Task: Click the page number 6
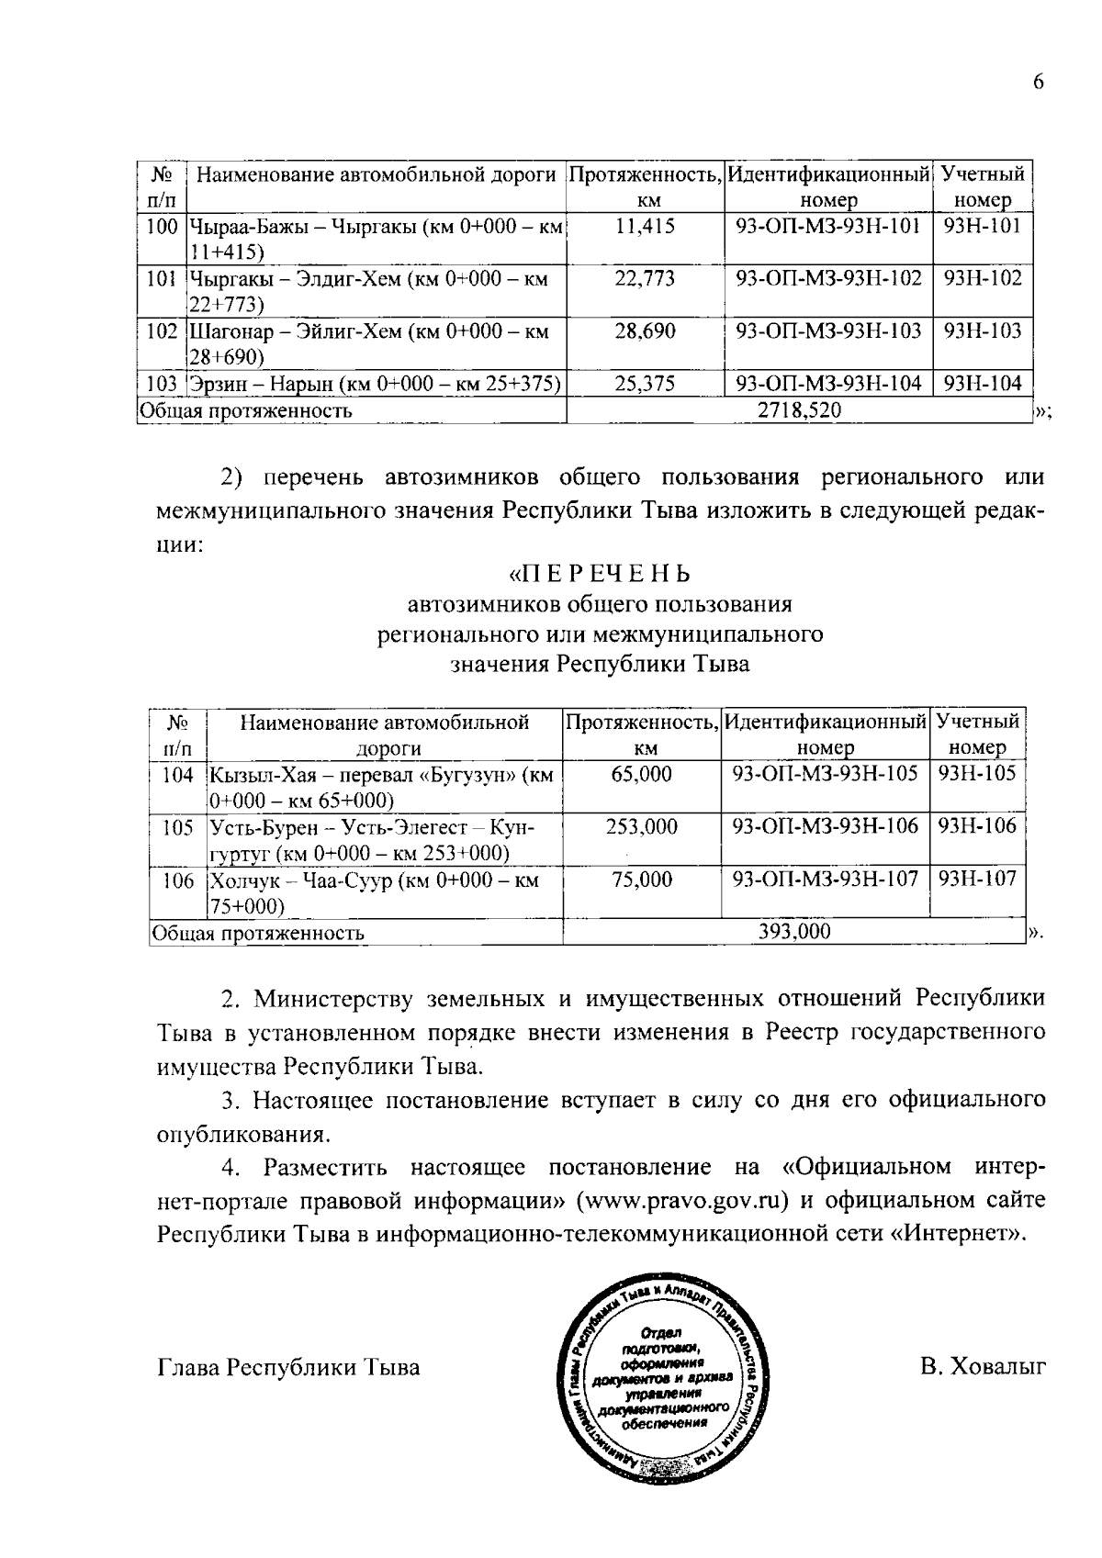1039,82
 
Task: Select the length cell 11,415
645,226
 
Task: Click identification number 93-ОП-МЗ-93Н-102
828,278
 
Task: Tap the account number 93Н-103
983,331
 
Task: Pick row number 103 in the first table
162,384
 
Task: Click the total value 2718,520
799,410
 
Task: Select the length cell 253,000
641,826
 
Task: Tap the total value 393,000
794,932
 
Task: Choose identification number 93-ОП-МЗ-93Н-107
825,879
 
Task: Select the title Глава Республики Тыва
288,1367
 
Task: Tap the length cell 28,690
645,331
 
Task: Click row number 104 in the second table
178,774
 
